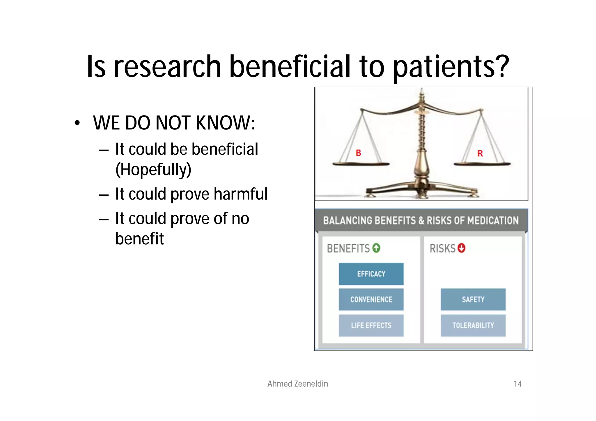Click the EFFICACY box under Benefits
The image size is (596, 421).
pos(371,274)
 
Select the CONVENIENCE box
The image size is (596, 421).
pos(371,299)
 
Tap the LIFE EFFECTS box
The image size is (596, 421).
pos(371,325)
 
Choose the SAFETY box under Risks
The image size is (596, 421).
pos(473,299)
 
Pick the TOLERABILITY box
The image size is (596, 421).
pos(473,325)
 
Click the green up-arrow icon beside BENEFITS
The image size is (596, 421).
pos(376,248)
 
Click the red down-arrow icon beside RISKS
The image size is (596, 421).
pos(462,248)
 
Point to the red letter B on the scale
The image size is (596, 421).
pos(359,153)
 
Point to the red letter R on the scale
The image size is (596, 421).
pos(480,154)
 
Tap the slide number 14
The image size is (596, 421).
pos(517,384)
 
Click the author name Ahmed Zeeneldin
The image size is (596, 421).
pos(298,384)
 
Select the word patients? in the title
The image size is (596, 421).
pos(451,67)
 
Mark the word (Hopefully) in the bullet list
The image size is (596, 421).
pos(153,170)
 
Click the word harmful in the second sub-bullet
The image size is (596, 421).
pos(241,194)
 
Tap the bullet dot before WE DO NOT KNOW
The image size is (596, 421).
pos(77,123)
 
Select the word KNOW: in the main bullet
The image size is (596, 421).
pos(226,123)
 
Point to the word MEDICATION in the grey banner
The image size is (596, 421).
pos(493,221)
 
